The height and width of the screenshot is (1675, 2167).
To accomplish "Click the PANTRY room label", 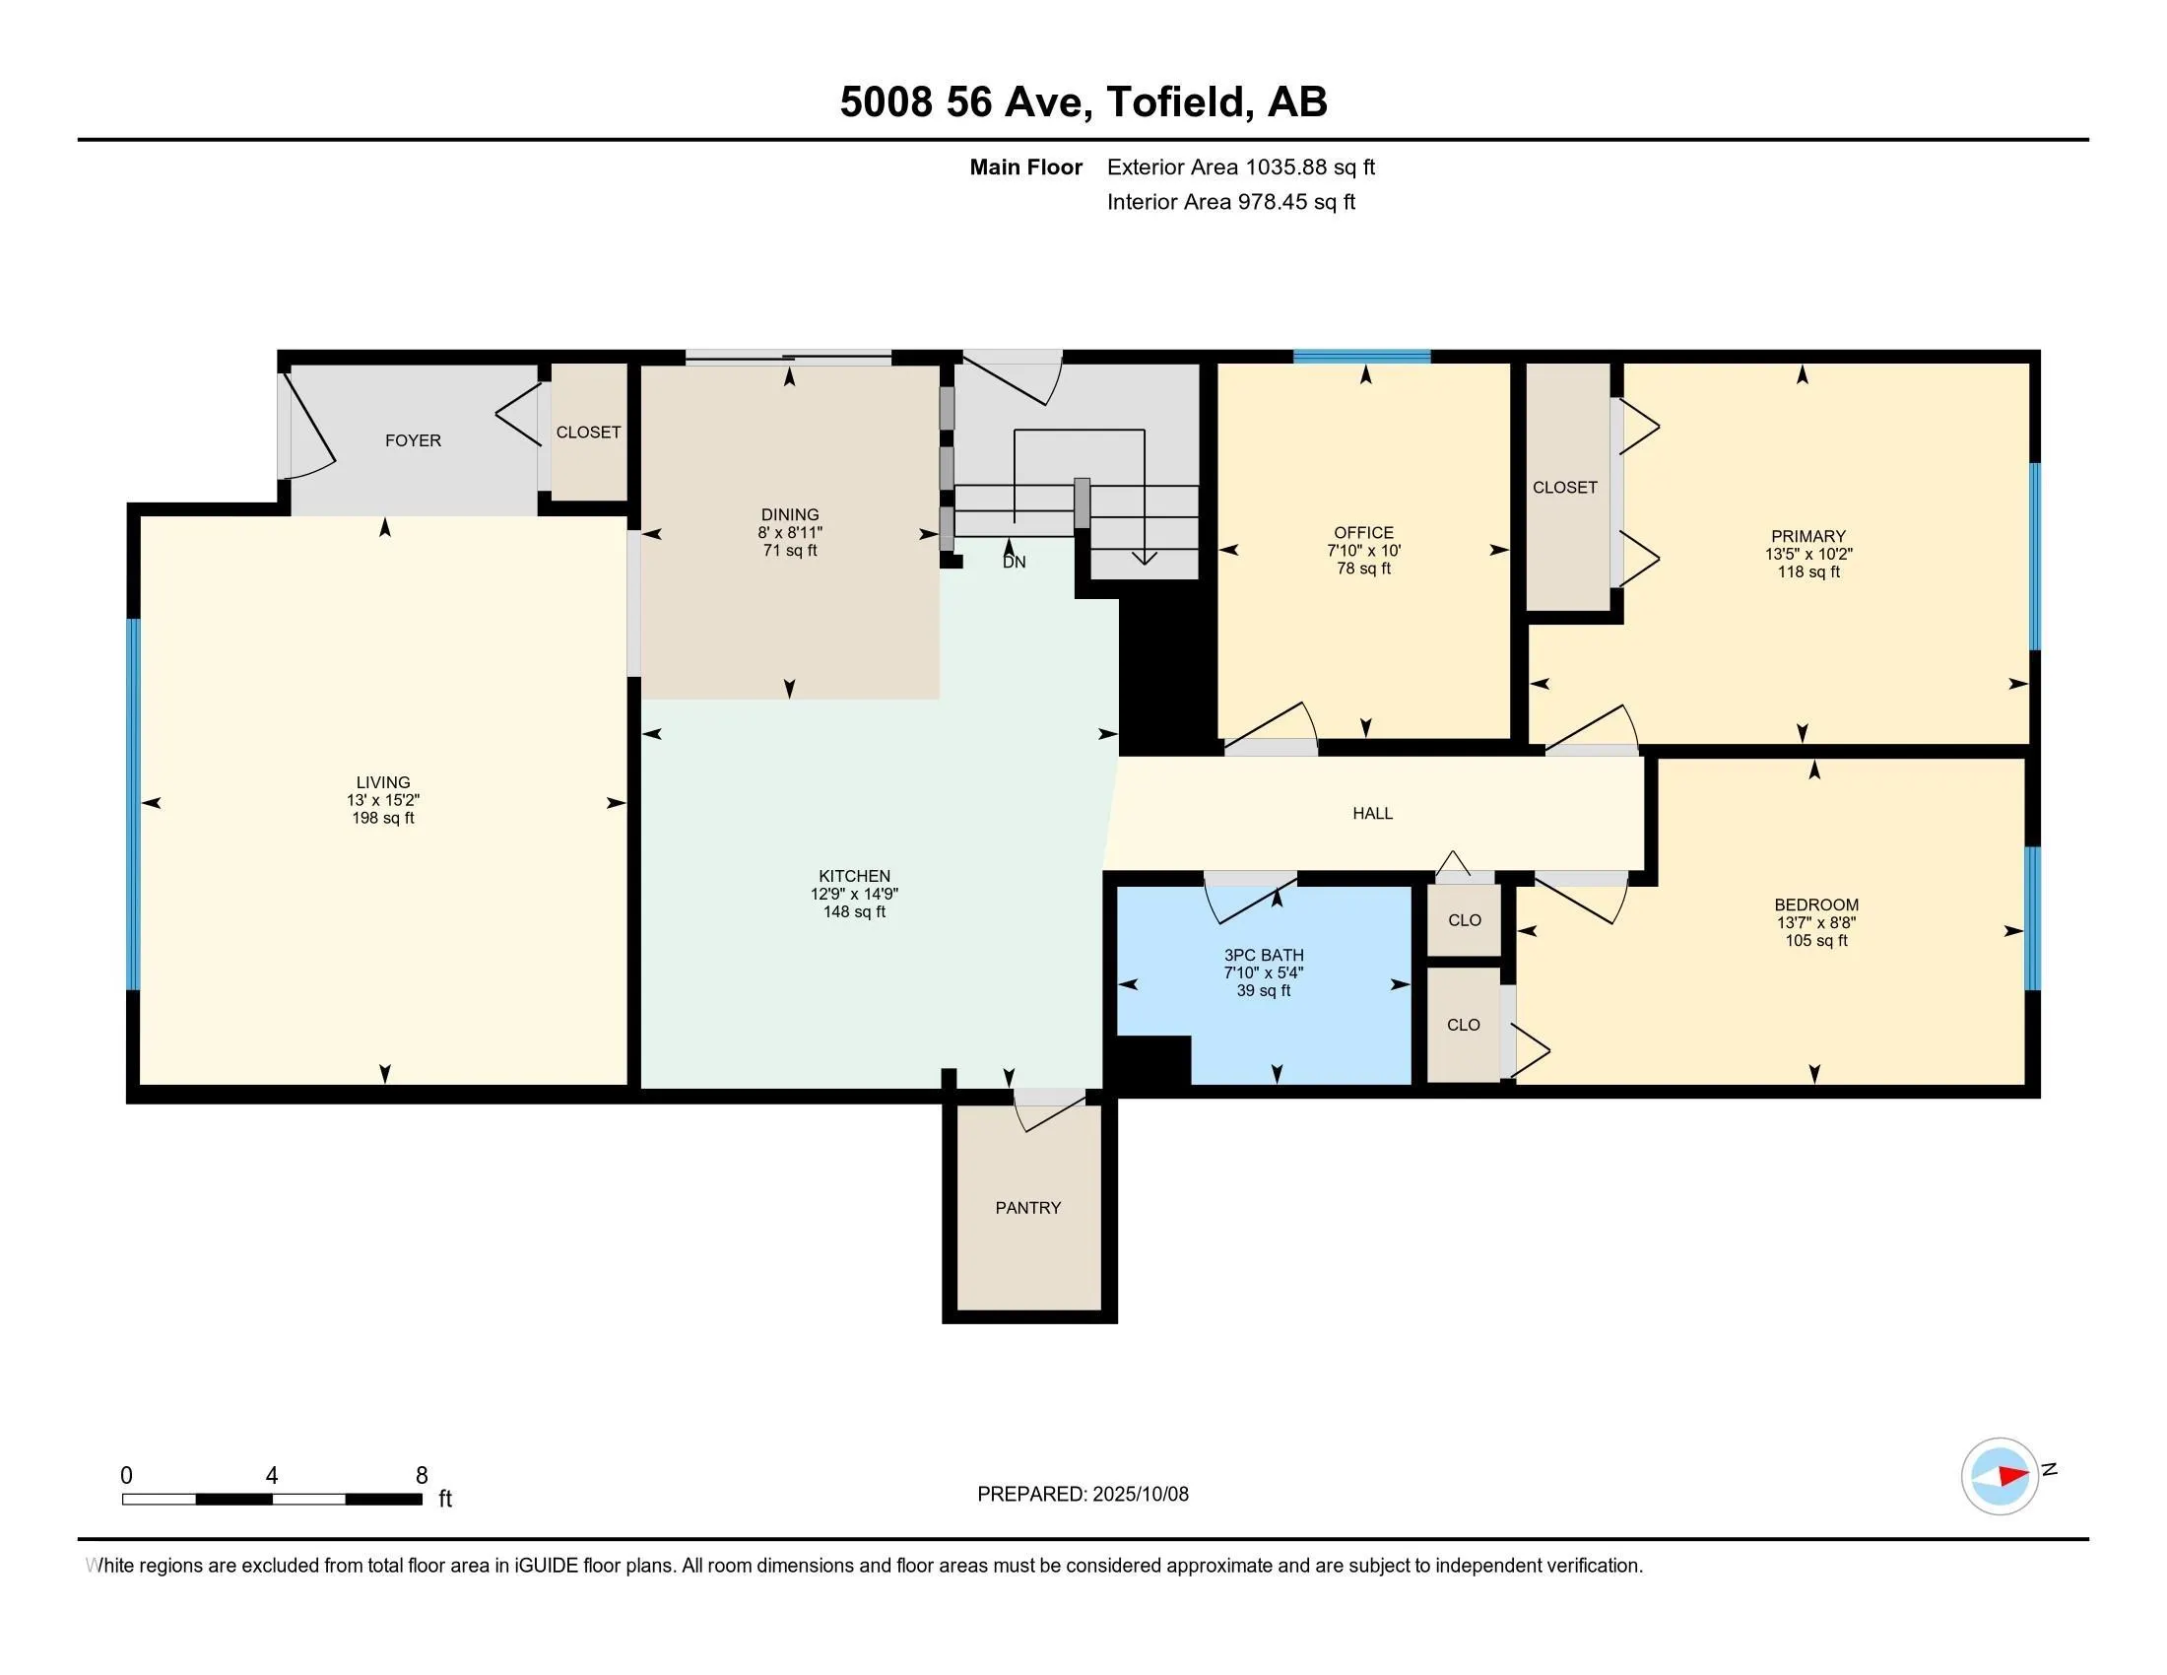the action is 1028,1208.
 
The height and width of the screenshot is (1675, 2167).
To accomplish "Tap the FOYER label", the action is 413,440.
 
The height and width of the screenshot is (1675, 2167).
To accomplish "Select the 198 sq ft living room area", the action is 383,818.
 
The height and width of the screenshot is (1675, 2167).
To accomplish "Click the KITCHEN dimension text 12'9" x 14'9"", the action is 854,893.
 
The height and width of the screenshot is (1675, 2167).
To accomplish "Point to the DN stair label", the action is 1014,562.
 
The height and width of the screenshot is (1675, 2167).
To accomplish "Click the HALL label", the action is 1372,814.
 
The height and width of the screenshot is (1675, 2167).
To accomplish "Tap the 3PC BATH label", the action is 1263,955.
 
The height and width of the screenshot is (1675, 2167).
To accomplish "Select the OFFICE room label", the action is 1363,533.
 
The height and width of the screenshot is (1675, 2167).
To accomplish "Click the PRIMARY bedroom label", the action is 1807,537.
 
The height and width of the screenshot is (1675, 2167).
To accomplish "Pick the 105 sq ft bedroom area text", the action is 1815,941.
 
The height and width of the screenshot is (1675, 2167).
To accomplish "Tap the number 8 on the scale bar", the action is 422,1476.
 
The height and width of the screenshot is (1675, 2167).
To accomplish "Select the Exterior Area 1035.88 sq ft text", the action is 1241,167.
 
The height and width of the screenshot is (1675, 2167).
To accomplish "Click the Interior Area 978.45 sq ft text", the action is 1231,201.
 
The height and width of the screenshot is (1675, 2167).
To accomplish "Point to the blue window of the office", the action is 1361,357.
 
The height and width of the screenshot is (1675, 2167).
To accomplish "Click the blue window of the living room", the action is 133,805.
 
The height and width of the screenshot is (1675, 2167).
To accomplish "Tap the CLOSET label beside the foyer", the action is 588,433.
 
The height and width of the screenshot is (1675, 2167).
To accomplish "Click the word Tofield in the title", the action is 1176,101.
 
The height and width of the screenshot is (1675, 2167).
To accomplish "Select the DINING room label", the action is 790,515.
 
